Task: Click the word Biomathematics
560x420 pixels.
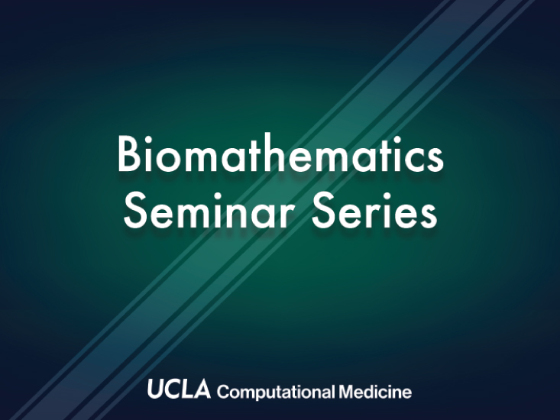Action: pos(280,153)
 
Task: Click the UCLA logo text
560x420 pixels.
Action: pos(179,389)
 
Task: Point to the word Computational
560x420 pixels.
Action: pos(276,393)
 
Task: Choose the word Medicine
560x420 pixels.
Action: pos(375,392)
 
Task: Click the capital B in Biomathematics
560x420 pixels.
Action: pos(128,153)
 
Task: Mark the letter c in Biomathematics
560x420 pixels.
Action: pos(413,158)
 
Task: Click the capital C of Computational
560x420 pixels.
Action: pos(223,392)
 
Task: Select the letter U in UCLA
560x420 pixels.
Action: pos(156,389)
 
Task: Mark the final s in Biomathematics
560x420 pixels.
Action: pos(435,158)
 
